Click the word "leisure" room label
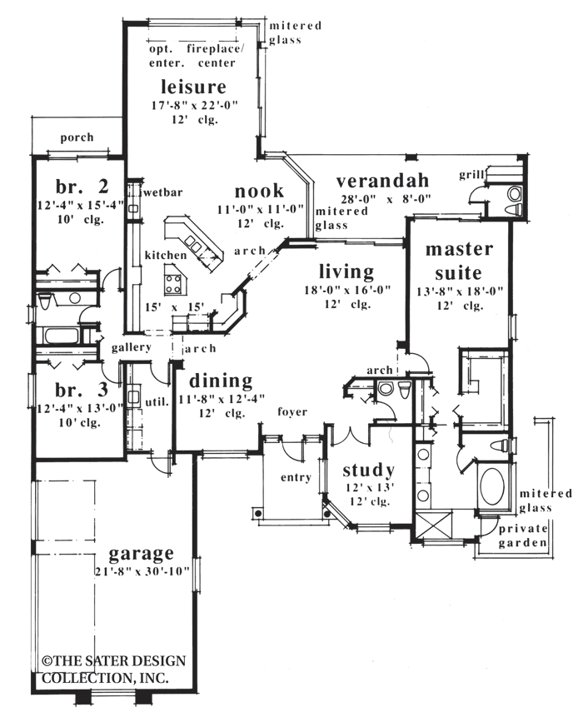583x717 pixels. [x=194, y=86]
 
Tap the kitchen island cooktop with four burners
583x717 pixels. [x=174, y=282]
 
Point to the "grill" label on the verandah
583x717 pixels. [x=471, y=176]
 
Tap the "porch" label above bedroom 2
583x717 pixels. [x=77, y=137]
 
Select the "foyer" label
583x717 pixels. [x=291, y=411]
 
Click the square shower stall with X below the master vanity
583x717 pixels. [x=434, y=528]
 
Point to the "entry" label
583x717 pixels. [x=296, y=477]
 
